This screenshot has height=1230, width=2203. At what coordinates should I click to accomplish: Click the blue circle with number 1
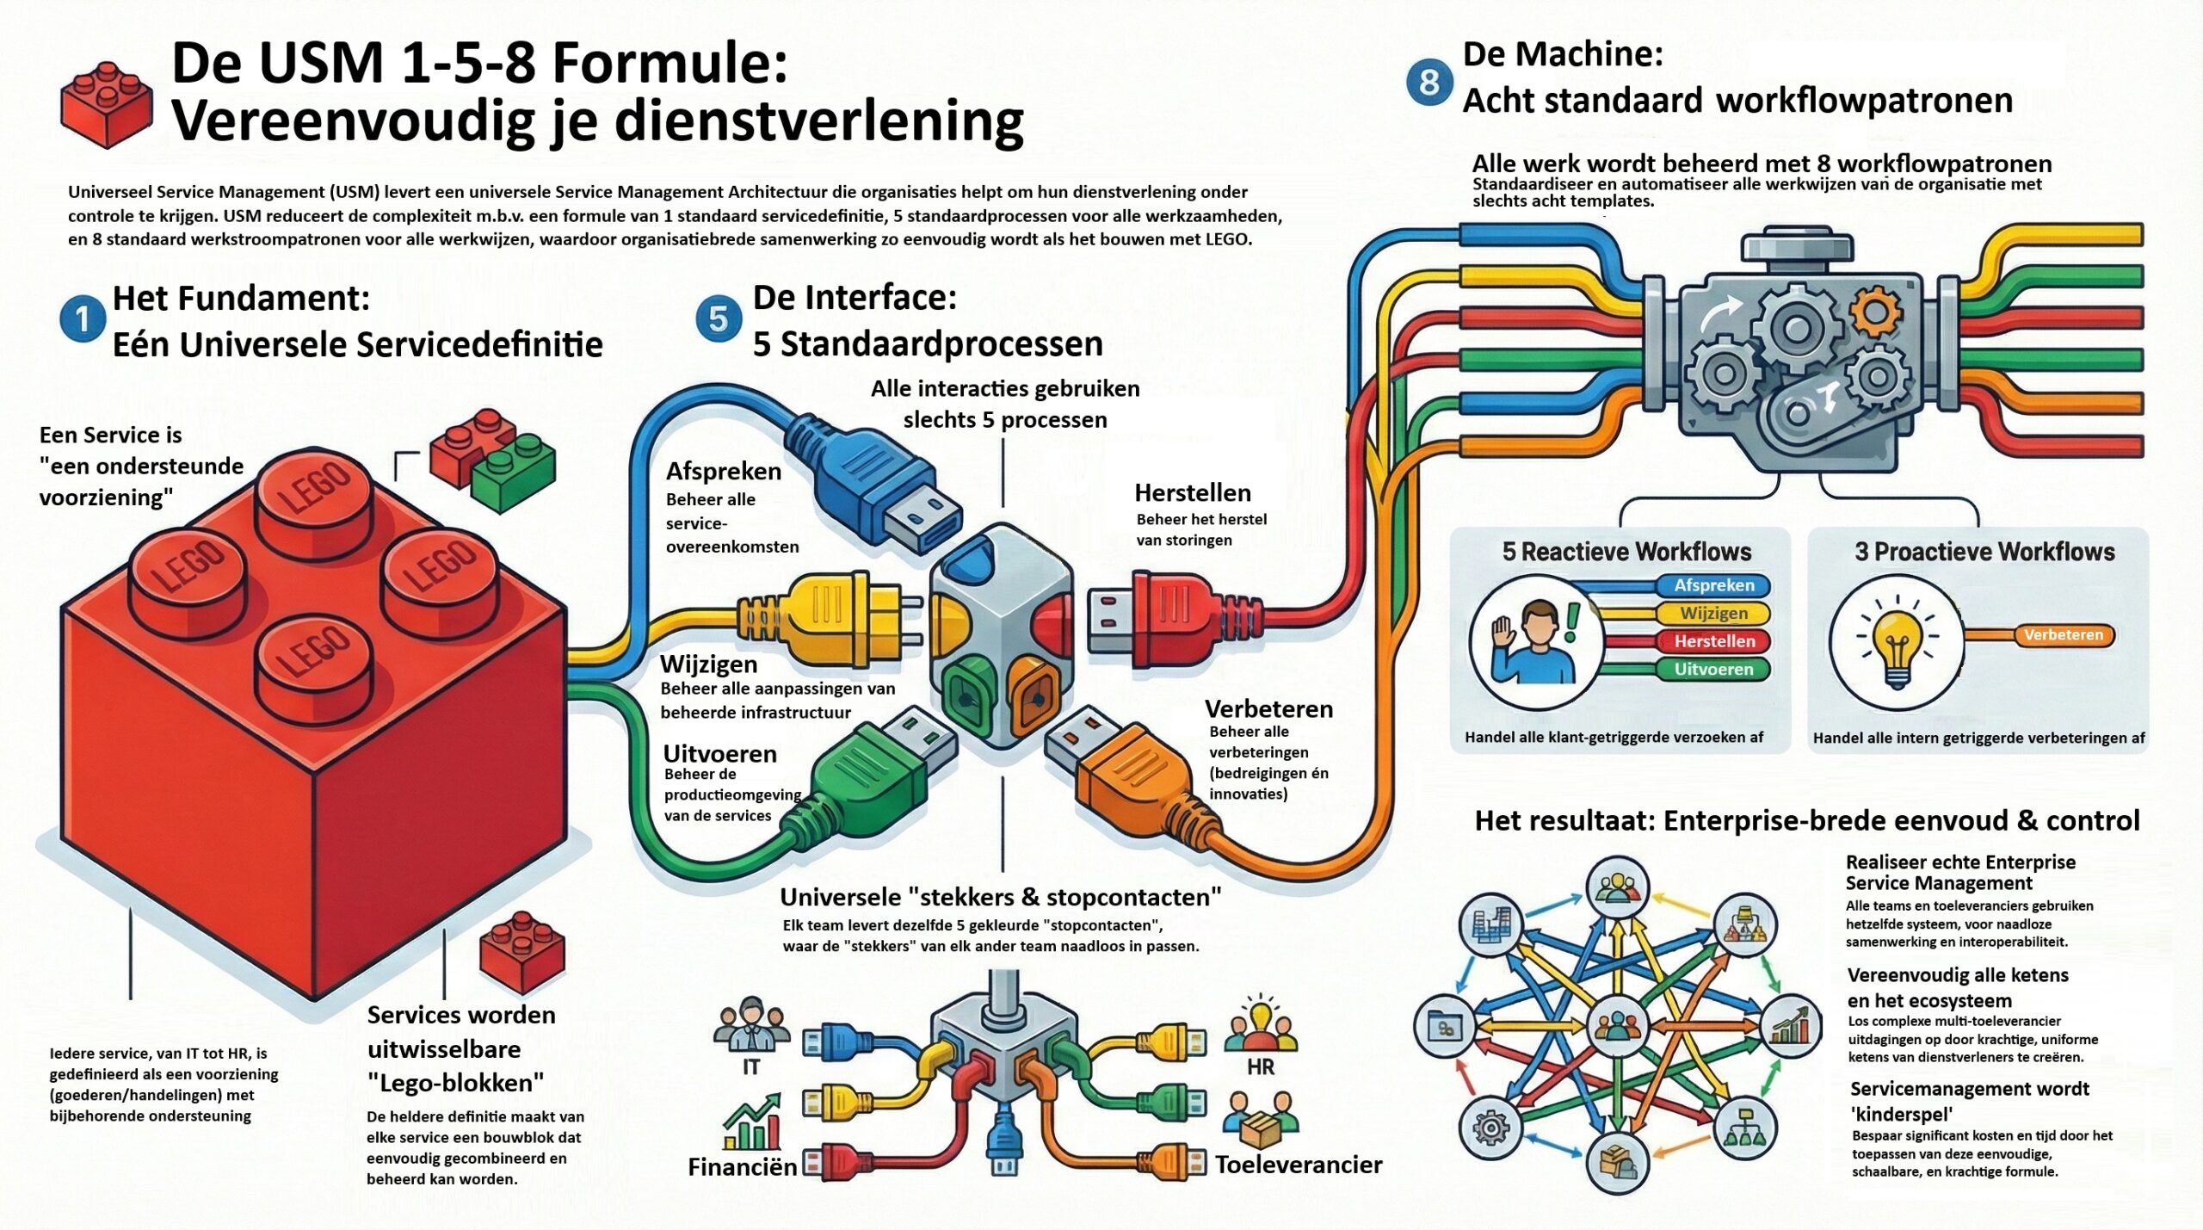pos(83,319)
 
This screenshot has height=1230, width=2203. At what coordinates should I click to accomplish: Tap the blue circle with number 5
pos(718,319)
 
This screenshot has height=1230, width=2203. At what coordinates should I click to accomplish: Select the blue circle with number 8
pos(1429,83)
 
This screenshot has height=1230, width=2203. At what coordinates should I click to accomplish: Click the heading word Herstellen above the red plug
pos(1193,492)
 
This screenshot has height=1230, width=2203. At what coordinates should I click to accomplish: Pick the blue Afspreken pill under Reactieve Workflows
pos(1713,585)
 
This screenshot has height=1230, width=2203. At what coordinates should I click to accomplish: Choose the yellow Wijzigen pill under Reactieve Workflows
pos(1713,613)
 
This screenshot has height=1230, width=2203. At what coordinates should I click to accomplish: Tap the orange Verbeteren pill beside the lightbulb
pos(2063,635)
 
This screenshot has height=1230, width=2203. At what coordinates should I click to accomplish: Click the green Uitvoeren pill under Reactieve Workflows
pos(1713,669)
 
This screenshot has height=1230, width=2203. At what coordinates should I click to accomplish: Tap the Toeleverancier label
pos(1298,1165)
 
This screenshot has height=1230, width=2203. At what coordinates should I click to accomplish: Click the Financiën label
pos(742,1167)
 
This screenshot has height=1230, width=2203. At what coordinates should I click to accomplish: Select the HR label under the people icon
pos(1260,1067)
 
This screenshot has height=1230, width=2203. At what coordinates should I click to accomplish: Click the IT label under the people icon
pos(751,1067)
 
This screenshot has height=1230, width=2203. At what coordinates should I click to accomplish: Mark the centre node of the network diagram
pos(1617,1025)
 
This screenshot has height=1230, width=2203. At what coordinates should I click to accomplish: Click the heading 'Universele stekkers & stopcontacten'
pos(1000,897)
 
